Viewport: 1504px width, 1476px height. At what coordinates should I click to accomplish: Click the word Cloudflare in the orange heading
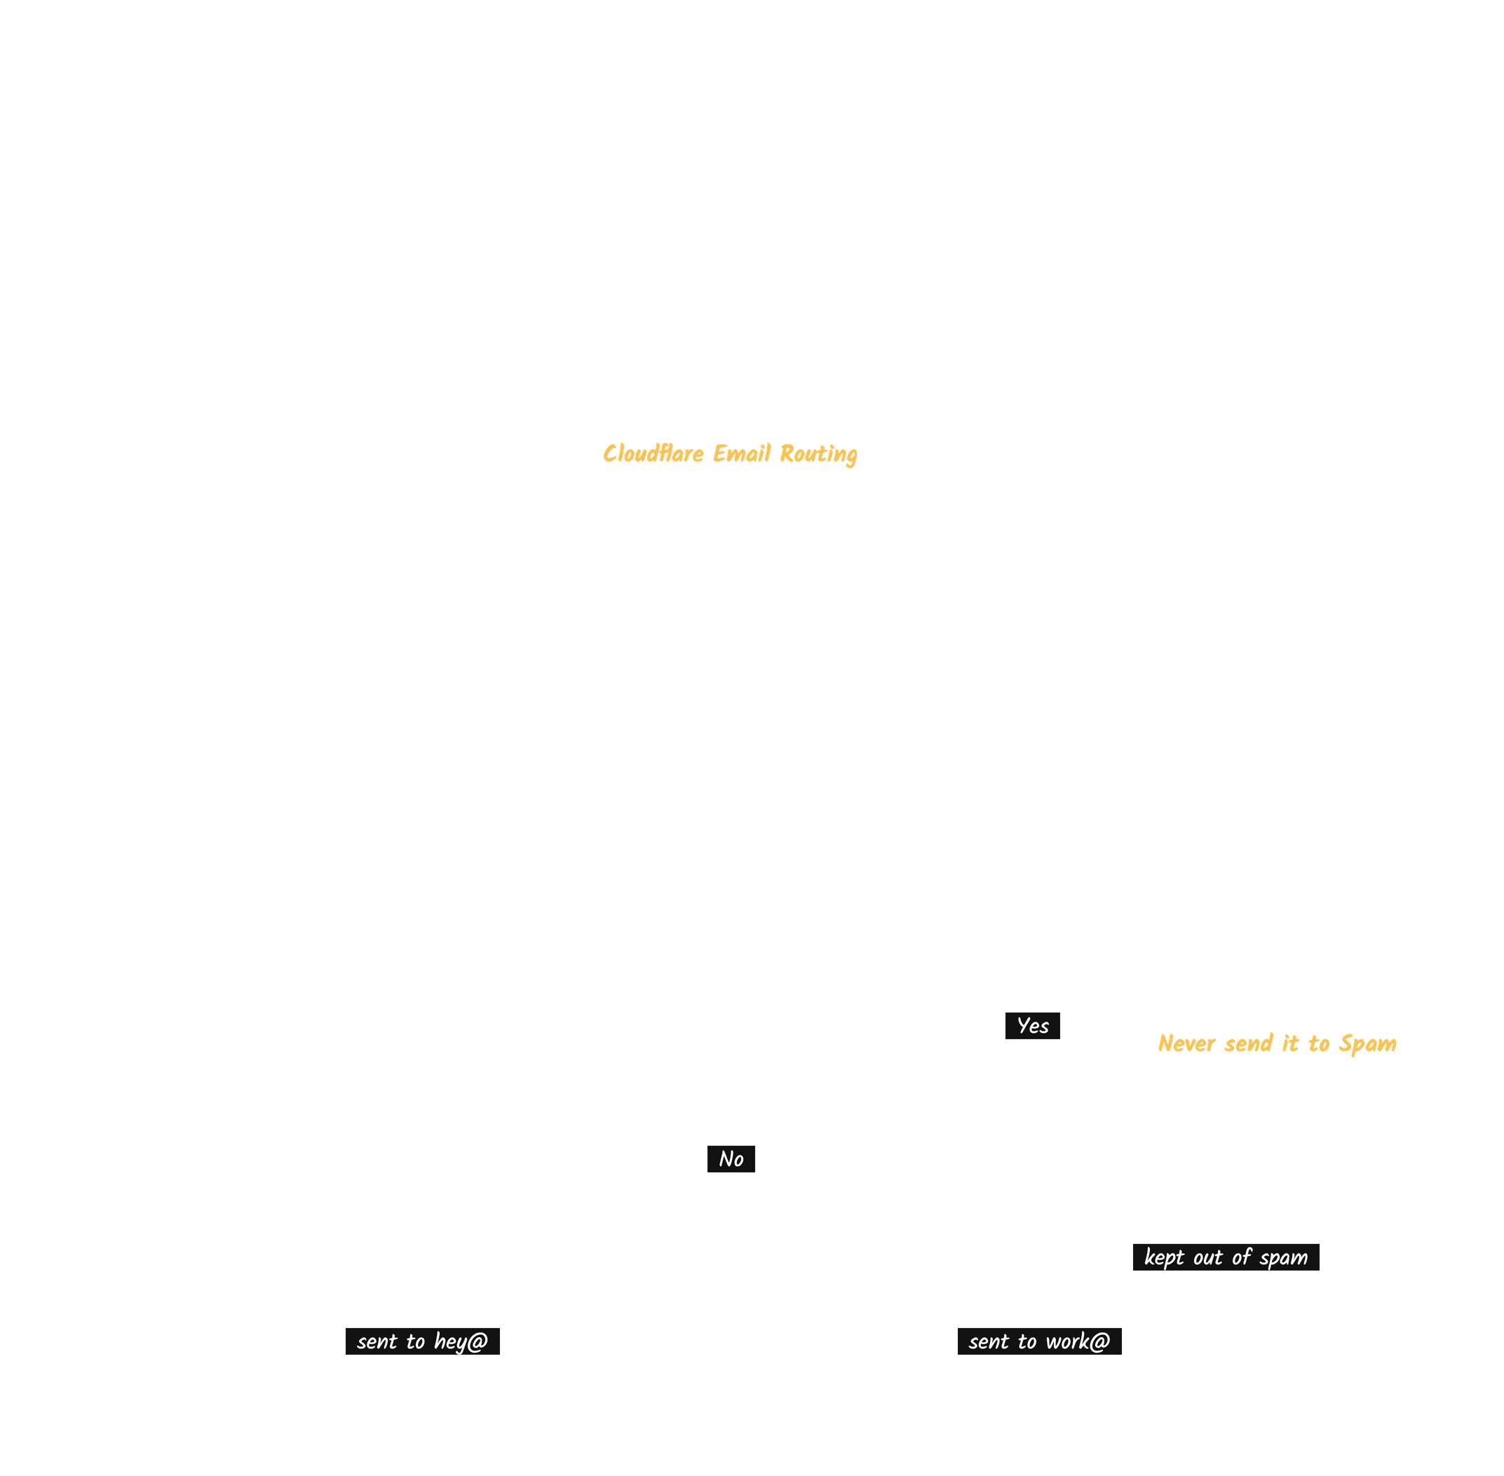click(653, 454)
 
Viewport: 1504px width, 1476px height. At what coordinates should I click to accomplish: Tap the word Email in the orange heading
click(742, 454)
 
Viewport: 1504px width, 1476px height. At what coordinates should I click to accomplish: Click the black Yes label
click(1033, 1026)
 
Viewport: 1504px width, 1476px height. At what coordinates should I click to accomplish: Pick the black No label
click(731, 1159)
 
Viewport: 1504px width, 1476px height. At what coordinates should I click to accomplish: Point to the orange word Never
click(1186, 1043)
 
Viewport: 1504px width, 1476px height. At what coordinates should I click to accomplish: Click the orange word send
click(1248, 1043)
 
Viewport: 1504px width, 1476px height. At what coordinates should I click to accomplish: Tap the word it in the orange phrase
click(1290, 1043)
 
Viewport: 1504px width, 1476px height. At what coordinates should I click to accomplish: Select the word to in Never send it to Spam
click(1319, 1044)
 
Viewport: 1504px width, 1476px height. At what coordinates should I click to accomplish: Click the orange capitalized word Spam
click(1367, 1045)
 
